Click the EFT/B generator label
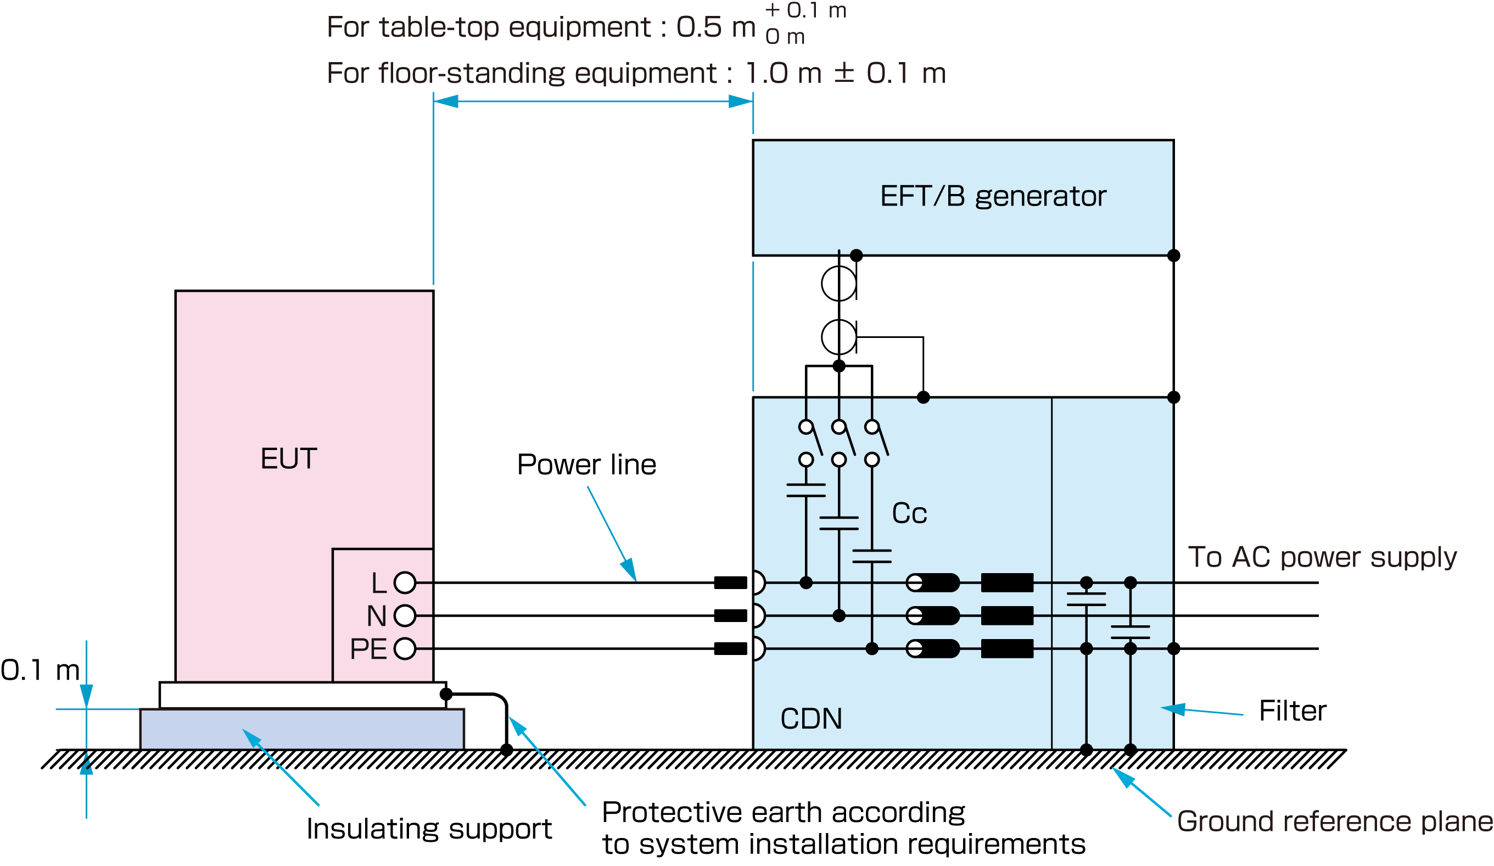pos(993,196)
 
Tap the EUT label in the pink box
pos(289,458)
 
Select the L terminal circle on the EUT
pos(405,582)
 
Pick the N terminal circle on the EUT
pos(405,615)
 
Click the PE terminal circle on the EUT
pos(405,648)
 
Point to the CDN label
pos(810,719)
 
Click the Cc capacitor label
pos(909,514)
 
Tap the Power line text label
pos(586,464)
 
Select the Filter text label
pos(1292,710)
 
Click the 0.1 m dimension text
pos(40,670)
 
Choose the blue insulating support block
pos(302,729)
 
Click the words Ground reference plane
pos(1334,821)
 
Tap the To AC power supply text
pos(1322,557)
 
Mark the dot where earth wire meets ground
pos(506,750)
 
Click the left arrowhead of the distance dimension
pos(446,102)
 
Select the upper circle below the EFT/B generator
pos(838,284)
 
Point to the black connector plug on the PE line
pos(730,648)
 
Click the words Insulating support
pos(429,829)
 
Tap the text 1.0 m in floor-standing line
pos(782,74)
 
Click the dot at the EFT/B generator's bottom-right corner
pos(1173,256)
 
